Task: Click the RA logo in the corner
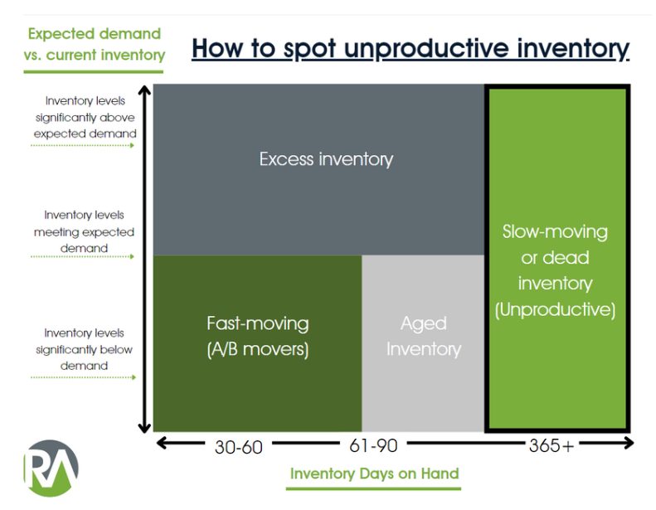pos(51,469)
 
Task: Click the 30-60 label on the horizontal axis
pos(238,447)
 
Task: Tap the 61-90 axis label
pos(373,445)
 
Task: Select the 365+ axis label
pos(551,445)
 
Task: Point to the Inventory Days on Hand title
pos(374,474)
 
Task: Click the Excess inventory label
pos(326,159)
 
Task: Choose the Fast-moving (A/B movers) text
pos(257,336)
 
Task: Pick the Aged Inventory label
pos(423,336)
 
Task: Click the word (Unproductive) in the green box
pos(555,310)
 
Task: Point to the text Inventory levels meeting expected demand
pos(84,231)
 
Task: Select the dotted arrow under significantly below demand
pos(83,377)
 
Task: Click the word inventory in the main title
pos(569,48)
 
